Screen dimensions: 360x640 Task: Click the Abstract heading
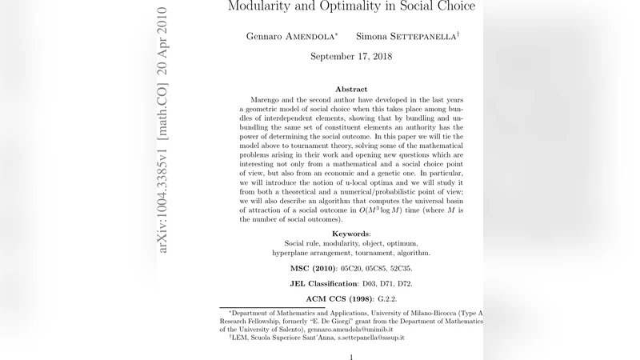pyautogui.click(x=351, y=90)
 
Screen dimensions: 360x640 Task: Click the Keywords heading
pyautogui.click(x=351, y=233)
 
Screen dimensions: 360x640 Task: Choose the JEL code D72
pyautogui.click(x=403, y=283)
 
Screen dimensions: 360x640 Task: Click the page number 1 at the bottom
pyautogui.click(x=351, y=357)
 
